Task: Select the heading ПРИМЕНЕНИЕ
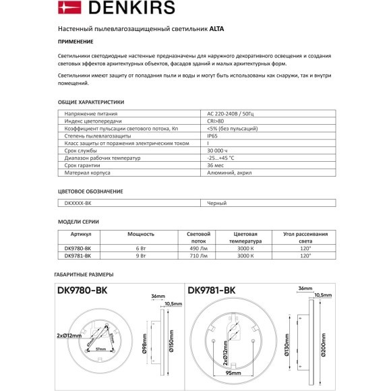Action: pyautogui.click(x=75, y=42)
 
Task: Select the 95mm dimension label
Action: pyautogui.click(x=234, y=372)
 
